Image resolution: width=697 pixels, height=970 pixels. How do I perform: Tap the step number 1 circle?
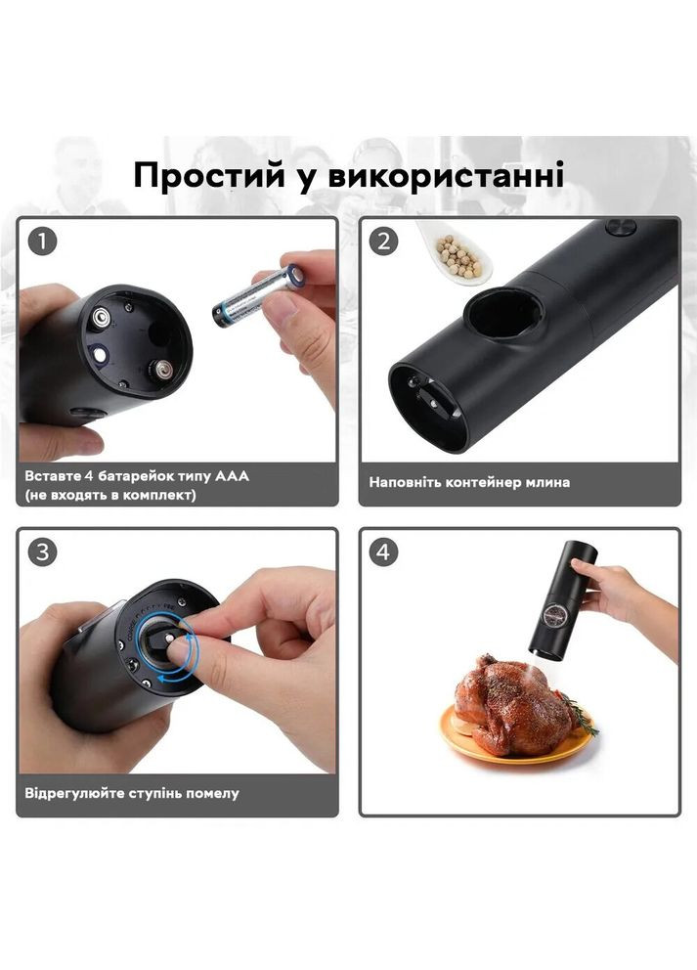pos(42,242)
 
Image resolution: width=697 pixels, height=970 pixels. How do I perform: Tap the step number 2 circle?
pos(382,242)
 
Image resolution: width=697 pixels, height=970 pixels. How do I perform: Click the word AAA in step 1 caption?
pos(231,476)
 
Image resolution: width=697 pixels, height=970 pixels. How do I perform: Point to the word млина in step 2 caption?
pos(547,482)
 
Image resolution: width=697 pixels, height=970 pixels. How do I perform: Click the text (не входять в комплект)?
pos(110,495)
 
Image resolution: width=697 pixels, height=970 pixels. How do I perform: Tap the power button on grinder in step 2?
pos(617,227)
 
